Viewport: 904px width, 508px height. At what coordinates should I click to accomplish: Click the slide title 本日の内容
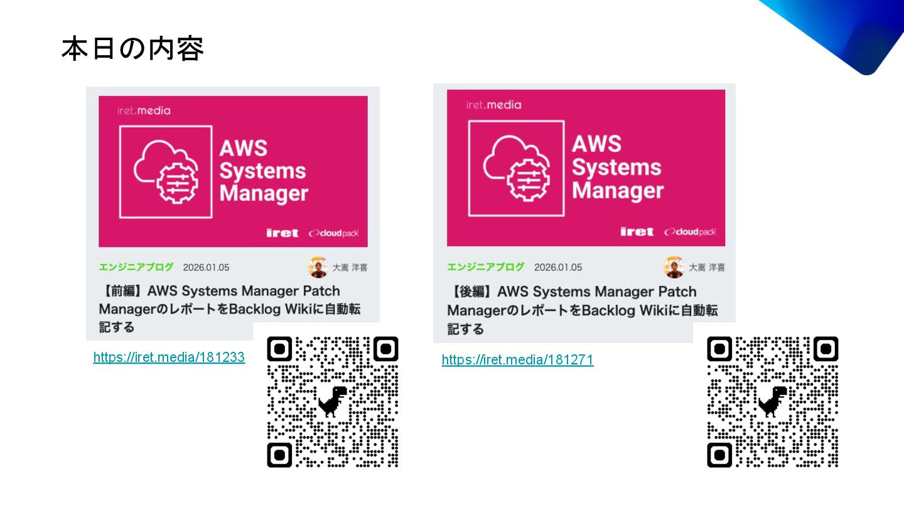[132, 49]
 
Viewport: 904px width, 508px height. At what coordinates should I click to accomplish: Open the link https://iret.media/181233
[169, 357]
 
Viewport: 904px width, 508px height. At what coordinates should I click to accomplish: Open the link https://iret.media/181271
[517, 360]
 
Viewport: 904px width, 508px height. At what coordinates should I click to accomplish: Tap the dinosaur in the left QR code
[332, 401]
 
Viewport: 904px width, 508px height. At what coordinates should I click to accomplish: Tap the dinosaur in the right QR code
[772, 401]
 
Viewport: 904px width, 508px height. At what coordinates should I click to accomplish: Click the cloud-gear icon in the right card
[516, 166]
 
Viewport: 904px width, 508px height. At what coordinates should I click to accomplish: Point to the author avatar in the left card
[318, 267]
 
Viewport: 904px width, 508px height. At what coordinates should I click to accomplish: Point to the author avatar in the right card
[674, 267]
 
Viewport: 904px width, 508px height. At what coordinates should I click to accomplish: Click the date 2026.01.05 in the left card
[206, 268]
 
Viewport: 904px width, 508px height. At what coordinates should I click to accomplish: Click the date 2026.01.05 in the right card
[557, 267]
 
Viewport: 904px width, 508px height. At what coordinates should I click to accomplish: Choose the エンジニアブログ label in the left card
[136, 267]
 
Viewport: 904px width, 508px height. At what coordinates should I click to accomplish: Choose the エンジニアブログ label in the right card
[485, 267]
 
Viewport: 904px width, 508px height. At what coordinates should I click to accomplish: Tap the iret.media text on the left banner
[144, 110]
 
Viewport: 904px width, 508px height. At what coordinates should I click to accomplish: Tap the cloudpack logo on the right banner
[690, 232]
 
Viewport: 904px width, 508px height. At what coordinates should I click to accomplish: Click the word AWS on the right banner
[596, 144]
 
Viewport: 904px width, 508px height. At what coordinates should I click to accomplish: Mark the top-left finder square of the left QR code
[280, 349]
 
